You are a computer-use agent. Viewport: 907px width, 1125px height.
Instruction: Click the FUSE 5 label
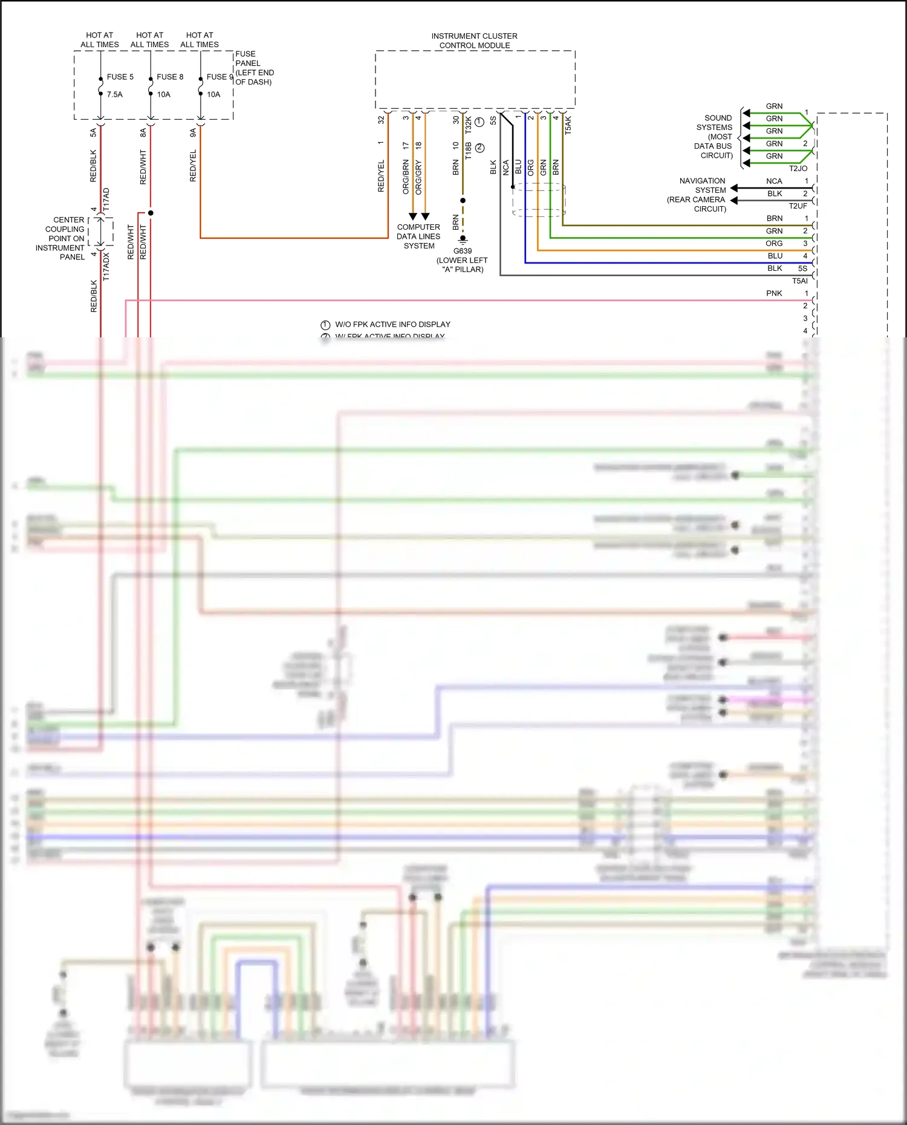tap(120, 77)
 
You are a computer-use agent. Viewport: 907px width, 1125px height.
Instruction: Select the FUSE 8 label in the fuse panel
tap(169, 77)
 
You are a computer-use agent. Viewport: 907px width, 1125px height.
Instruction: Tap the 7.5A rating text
tap(114, 94)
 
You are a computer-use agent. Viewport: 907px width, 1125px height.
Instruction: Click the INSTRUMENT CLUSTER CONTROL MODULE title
tap(474, 41)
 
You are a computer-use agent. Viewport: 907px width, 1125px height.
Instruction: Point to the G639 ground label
tap(463, 251)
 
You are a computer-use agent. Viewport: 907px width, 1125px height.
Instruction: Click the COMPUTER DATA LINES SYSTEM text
tap(418, 236)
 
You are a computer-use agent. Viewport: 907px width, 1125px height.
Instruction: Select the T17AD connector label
tap(106, 199)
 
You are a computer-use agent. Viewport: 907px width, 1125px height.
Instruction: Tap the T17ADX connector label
tap(106, 267)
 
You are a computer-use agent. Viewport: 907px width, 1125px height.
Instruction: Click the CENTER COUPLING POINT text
tap(60, 238)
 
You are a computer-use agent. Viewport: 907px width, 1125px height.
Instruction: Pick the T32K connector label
tap(468, 125)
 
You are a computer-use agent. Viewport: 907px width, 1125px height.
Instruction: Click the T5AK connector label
tap(568, 125)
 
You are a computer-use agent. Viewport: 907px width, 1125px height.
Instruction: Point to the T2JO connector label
tap(798, 169)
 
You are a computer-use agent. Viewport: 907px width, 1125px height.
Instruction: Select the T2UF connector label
tap(798, 206)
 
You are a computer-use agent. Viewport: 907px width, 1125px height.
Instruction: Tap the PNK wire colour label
tap(774, 293)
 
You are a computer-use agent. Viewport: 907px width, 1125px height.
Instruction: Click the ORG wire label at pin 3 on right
tap(774, 244)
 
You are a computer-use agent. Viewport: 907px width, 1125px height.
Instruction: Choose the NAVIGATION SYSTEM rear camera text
tap(699, 195)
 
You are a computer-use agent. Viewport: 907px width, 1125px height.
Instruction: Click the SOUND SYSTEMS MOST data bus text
tap(714, 137)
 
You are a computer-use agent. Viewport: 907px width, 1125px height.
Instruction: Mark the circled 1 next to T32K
tap(480, 122)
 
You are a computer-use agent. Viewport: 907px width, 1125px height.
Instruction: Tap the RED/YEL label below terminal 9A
tap(193, 166)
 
